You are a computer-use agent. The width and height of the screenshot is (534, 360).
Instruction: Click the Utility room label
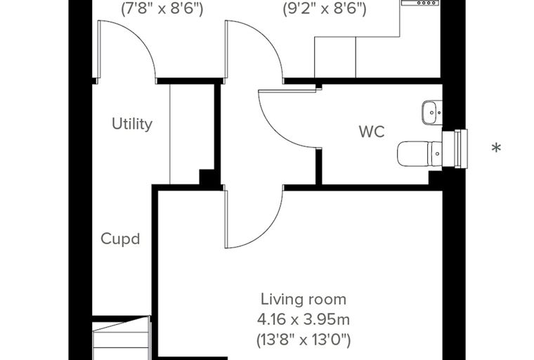[132, 124]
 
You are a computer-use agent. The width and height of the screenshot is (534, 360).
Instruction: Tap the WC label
[372, 131]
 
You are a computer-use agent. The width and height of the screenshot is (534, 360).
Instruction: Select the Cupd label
[120, 238]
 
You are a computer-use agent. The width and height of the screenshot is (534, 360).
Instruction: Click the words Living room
[304, 300]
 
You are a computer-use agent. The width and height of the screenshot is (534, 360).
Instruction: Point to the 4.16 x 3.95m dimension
[304, 320]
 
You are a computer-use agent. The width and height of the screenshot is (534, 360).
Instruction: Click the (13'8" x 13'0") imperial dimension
[304, 340]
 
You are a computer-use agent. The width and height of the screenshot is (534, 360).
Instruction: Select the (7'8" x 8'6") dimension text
[162, 8]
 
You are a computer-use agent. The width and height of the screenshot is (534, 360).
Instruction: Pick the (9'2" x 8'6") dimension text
[325, 8]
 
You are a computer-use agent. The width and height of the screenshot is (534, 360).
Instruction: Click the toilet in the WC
[419, 154]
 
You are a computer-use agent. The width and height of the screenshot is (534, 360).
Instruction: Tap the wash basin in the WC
[432, 112]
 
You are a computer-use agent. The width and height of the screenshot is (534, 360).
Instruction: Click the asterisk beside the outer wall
[497, 148]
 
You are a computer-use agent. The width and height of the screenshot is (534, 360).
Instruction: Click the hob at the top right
[420, 3]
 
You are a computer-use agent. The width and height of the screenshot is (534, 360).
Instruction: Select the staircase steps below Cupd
[122, 337]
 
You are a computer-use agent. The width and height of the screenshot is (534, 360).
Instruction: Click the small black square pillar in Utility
[207, 177]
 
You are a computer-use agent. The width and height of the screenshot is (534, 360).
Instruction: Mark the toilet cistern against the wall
[436, 154]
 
